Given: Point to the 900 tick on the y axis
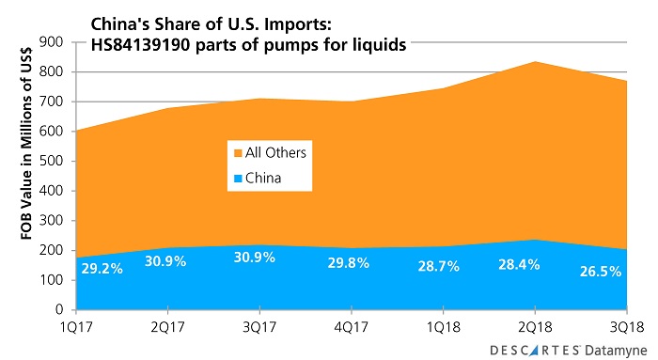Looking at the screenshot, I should (x=54, y=42).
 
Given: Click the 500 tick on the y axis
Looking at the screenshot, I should (x=54, y=161).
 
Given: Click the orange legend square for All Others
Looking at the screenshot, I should (x=236, y=152).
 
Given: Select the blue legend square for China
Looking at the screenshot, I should (x=236, y=176).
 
